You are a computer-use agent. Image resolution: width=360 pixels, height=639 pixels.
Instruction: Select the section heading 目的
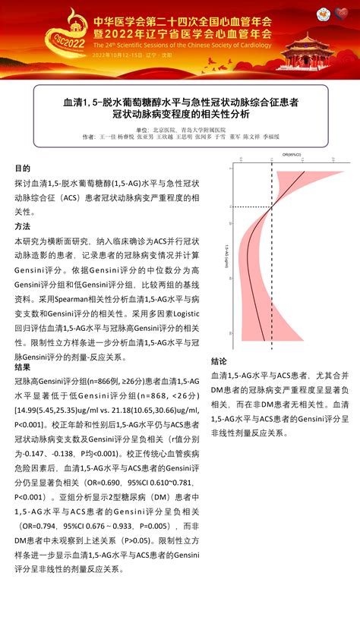pyautogui.click(x=23, y=168)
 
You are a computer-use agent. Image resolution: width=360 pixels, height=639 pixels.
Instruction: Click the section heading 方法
pyautogui.click(x=23, y=227)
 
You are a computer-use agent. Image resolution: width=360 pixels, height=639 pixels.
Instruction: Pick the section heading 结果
pyautogui.click(x=23, y=367)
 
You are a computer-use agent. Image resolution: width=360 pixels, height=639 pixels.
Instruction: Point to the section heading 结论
pyautogui.click(x=219, y=361)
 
